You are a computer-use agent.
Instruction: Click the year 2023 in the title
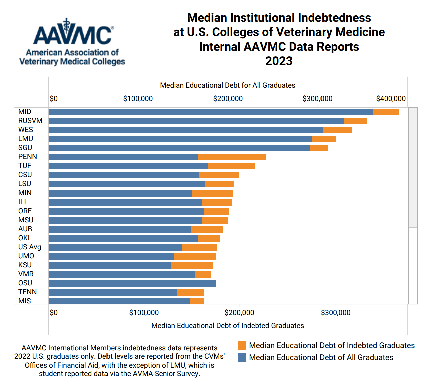pyautogui.click(x=279, y=61)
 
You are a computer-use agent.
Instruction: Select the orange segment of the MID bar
pyautogui.click(x=385, y=112)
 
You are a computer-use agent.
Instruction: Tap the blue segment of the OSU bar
pyautogui.click(x=132, y=283)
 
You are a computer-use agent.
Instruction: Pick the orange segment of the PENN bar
pyautogui.click(x=232, y=157)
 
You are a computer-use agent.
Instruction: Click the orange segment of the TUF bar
pyautogui.click(x=231, y=166)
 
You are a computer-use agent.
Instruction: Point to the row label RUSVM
pyautogui.click(x=30, y=121)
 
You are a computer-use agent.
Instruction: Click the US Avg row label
pyautogui.click(x=30, y=247)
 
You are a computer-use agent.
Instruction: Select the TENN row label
pyautogui.click(x=27, y=292)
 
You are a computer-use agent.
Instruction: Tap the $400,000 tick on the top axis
pyautogui.click(x=391, y=99)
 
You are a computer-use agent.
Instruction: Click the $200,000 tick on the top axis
pyautogui.click(x=228, y=99)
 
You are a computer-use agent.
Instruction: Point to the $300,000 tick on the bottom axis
pyautogui.click(x=336, y=313)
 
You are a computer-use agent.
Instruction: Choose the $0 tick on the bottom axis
pyautogui.click(x=54, y=313)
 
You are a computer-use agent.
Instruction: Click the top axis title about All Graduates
pyautogui.click(x=227, y=85)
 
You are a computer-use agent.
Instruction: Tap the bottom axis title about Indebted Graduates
pyautogui.click(x=227, y=326)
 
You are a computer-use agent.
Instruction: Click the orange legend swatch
pyautogui.click(x=242, y=345)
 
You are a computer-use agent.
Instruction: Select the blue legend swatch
pyautogui.click(x=242, y=357)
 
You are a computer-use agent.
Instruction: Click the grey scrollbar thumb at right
pyautogui.click(x=413, y=167)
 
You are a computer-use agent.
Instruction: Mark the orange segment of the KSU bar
pyautogui.click(x=191, y=265)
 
